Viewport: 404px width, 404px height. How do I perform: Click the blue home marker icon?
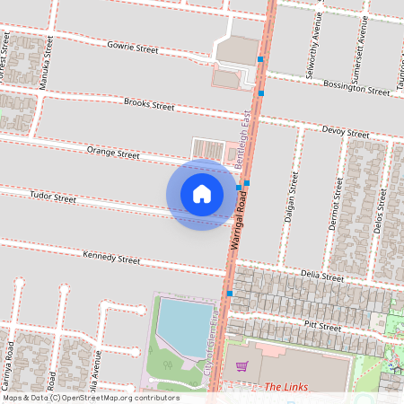pos(202,194)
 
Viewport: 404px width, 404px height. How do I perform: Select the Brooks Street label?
pos(149,105)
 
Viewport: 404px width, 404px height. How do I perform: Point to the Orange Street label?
pos(113,154)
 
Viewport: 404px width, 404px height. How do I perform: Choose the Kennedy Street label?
pos(111,259)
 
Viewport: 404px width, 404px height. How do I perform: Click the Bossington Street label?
pos(357,90)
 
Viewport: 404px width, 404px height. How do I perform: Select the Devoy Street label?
pos(346,134)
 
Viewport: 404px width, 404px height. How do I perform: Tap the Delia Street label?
pos(322,277)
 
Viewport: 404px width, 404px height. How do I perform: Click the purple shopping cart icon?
pos(241,366)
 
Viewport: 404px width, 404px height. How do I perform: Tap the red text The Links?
pos(286,387)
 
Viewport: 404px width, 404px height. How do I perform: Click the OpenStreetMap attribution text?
pos(91,398)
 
